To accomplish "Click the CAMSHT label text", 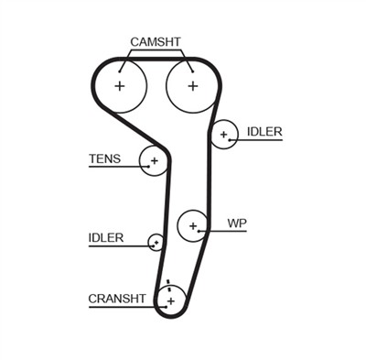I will tap(156, 41).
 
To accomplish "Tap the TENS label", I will tap(103, 158).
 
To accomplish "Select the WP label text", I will tap(237, 223).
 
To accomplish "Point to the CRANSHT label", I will tap(116, 298).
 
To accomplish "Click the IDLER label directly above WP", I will tap(264, 132).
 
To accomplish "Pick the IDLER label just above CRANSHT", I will tap(106, 237).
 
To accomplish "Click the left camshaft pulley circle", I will tap(120, 86).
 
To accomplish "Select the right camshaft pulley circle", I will tap(192, 86).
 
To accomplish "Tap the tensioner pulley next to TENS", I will tap(155, 161).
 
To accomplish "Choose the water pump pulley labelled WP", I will tap(192, 224).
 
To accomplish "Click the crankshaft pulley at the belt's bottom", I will tap(170, 300).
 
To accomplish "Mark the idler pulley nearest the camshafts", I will tap(222, 135).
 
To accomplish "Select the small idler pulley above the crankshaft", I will tap(156, 243).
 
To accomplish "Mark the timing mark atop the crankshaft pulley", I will tap(168, 284).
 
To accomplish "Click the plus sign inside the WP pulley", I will tap(192, 224).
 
